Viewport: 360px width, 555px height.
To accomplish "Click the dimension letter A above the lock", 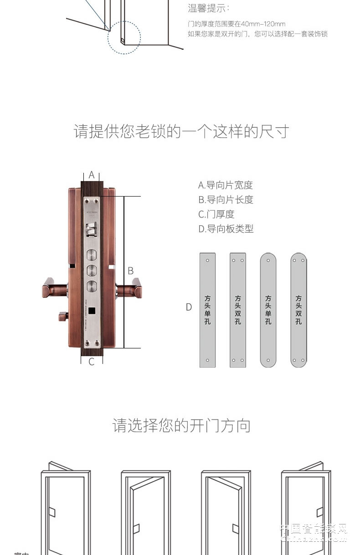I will click(92, 175).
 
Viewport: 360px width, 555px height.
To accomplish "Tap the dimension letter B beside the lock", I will click(130, 271).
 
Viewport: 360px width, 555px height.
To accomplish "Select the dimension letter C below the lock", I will click(92, 362).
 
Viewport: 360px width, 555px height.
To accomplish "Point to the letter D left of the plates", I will click(189, 307).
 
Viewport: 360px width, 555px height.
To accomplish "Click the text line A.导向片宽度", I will click(225, 185).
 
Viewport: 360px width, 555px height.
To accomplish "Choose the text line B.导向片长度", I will click(226, 200).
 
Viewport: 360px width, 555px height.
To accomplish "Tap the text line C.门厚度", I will click(216, 214).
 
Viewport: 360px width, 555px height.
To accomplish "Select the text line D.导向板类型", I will click(226, 229).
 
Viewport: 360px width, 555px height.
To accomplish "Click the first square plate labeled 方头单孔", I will click(207, 310).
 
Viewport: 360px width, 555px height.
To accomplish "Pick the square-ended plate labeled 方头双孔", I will click(238, 310).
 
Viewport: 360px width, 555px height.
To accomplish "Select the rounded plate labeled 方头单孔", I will click(268, 310).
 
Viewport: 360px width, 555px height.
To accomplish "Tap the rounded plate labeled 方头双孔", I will click(298, 310).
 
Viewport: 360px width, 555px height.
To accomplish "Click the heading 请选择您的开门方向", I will click(181, 426).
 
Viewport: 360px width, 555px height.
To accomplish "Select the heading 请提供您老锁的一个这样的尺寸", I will click(181, 131).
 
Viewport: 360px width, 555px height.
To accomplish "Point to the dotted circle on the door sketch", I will click(124, 38).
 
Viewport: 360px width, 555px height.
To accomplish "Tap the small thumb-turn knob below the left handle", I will click(62, 316).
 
